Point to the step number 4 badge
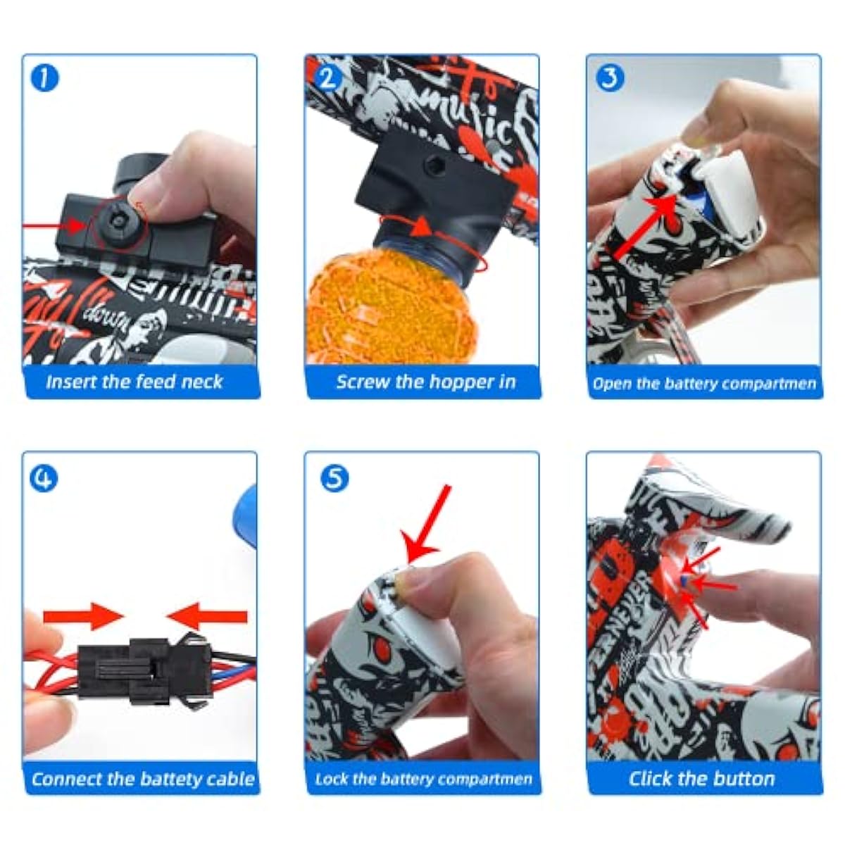(45, 479)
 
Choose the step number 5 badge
(334, 479)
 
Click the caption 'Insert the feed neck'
(134, 382)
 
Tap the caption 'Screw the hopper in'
(425, 382)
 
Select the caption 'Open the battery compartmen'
(704, 384)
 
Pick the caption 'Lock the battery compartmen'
(423, 780)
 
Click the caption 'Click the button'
(702, 779)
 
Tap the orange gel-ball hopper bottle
(366, 299)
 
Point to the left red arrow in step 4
(81, 618)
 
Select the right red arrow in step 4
(208, 618)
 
